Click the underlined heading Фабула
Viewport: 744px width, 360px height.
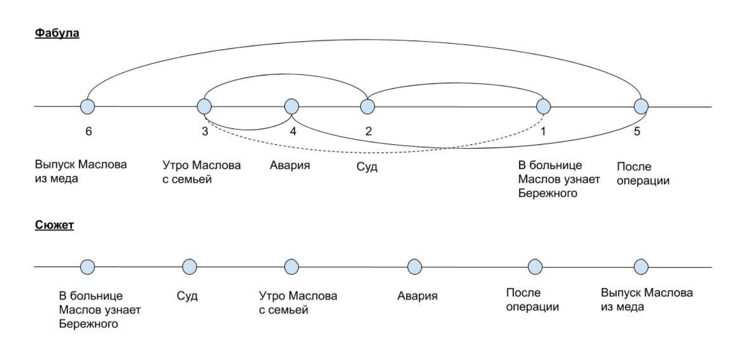[57, 33]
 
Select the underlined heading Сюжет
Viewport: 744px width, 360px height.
[54, 225]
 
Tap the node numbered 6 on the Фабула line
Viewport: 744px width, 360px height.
[88, 107]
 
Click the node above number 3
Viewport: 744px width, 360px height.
[204, 107]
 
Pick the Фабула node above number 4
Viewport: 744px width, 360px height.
[292, 107]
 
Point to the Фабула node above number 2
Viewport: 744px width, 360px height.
[368, 107]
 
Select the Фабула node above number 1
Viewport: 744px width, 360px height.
[543, 107]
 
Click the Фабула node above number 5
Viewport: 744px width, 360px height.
[641, 107]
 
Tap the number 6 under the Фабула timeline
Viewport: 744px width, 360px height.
[89, 131]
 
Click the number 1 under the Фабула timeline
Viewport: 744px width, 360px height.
[543, 131]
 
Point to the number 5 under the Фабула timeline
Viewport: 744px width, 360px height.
[637, 131]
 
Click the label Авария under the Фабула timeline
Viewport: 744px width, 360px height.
[290, 165]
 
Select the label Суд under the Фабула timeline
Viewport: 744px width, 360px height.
[367, 167]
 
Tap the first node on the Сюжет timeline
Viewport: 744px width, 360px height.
[88, 267]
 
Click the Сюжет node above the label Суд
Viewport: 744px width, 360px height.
[189, 267]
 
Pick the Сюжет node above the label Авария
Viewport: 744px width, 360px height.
[414, 267]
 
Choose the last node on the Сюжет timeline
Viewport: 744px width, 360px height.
[641, 267]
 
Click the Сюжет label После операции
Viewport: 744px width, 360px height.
[532, 299]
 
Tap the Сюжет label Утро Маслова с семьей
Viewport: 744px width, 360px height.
[298, 303]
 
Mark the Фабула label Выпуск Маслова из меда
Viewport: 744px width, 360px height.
[81, 172]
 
